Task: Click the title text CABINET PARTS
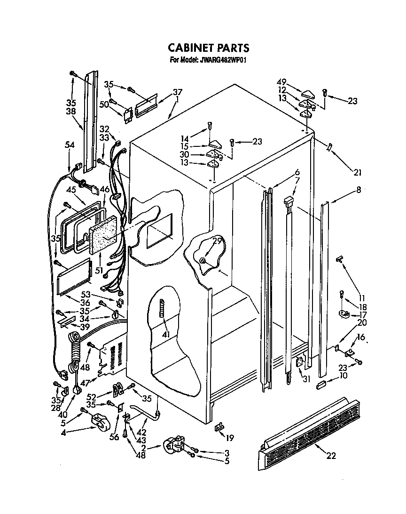[208, 48]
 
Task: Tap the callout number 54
[69, 146]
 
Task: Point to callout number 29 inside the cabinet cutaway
[217, 241]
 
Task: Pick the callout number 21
[358, 173]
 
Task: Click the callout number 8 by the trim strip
[359, 190]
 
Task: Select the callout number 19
[229, 438]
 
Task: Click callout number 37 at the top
[177, 92]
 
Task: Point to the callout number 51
[99, 270]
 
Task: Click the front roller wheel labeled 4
[98, 420]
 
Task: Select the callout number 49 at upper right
[281, 82]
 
